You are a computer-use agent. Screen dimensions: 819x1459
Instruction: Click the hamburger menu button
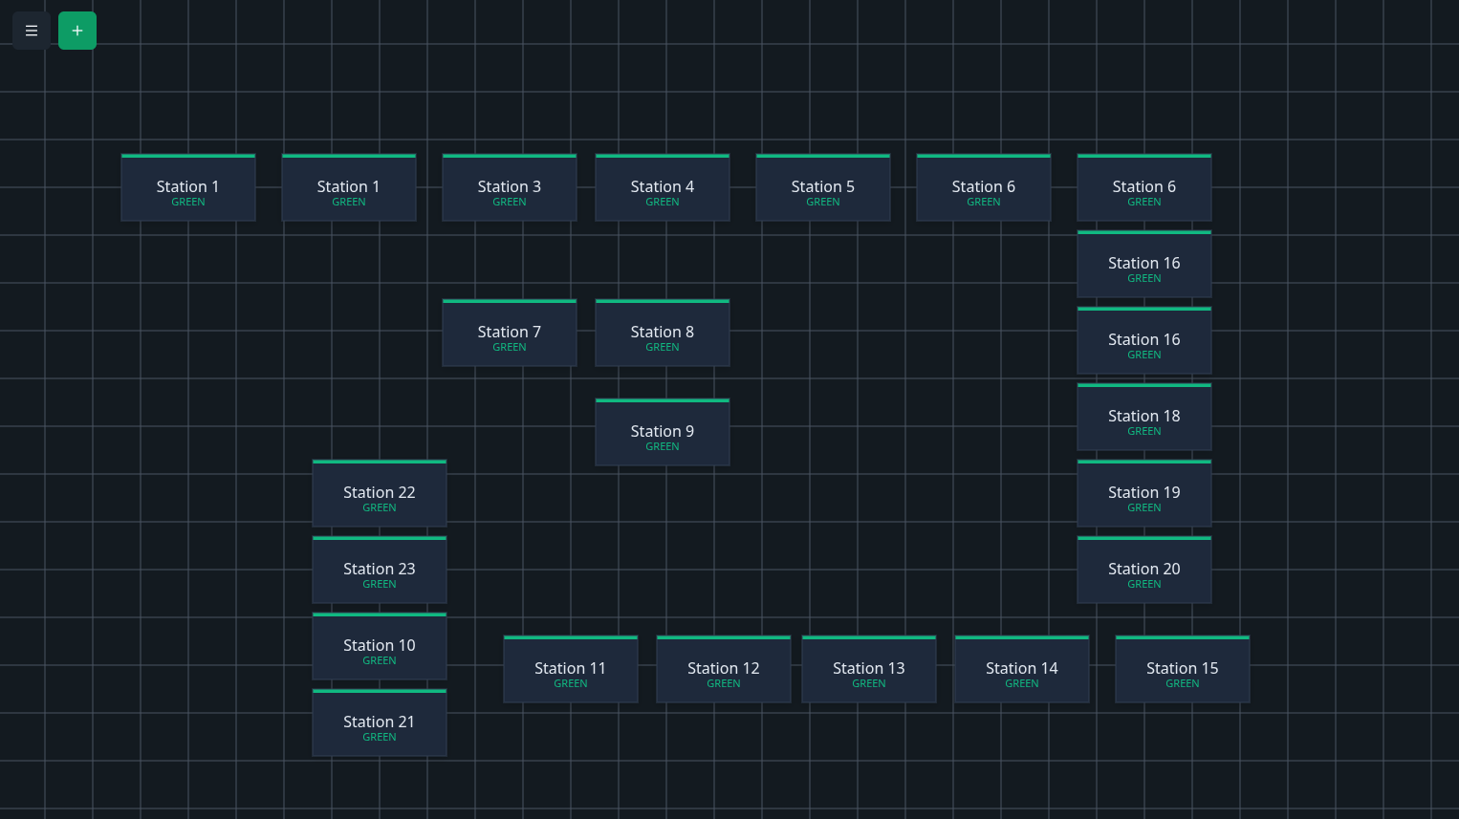click(32, 31)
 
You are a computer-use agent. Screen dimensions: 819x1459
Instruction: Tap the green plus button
click(77, 31)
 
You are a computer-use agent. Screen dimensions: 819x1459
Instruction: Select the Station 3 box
click(510, 188)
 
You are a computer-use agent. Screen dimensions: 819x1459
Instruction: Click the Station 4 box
click(663, 188)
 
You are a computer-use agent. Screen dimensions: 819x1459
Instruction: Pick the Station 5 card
click(823, 188)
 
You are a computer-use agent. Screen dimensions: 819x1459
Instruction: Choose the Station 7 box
click(510, 334)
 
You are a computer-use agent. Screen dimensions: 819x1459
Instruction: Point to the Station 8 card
click(663, 334)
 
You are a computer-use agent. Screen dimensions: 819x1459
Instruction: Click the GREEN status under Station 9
click(663, 447)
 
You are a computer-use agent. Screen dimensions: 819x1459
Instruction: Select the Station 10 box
click(380, 647)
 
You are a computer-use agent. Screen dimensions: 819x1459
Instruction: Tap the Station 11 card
click(571, 670)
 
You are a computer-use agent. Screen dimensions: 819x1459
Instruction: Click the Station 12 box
click(724, 670)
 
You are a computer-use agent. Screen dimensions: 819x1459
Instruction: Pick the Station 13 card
click(869, 670)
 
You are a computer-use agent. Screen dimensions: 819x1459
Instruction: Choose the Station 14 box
click(1022, 670)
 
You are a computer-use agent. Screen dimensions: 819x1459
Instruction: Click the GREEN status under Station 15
click(1183, 684)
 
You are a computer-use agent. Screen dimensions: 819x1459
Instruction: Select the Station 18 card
click(1144, 418)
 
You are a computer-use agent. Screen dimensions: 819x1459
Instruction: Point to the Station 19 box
click(1144, 494)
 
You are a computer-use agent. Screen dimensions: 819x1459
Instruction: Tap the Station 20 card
click(1144, 571)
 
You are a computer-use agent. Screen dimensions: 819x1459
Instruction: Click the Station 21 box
click(380, 723)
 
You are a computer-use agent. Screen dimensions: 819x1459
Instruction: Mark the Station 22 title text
click(380, 492)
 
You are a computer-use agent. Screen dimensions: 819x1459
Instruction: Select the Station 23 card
click(380, 571)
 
